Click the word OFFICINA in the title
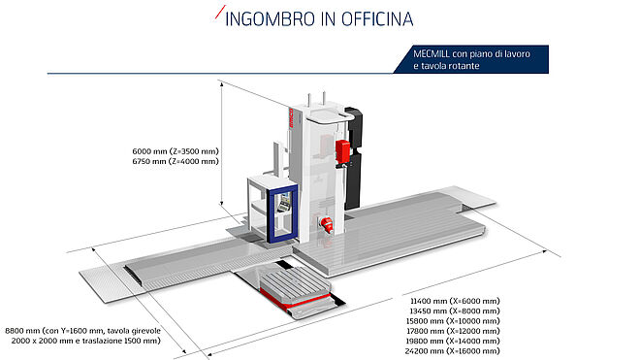click(377, 19)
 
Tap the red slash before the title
click(220, 12)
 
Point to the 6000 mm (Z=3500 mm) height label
click(176, 151)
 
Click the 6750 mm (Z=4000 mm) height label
click(176, 161)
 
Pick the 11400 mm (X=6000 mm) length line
click(455, 301)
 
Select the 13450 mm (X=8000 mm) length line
click(455, 311)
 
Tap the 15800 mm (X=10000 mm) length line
click(453, 321)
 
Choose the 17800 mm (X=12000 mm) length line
click(453, 331)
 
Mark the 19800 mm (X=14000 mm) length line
click(453, 341)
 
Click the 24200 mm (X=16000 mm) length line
click(453, 351)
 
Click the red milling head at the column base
click(326, 224)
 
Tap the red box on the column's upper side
click(342, 152)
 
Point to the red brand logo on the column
click(291, 118)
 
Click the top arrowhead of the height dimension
click(222, 84)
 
